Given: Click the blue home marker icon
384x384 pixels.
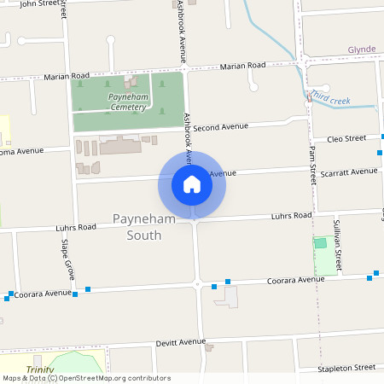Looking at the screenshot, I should pos(192,184).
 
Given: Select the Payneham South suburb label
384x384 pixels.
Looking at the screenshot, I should pos(137,227).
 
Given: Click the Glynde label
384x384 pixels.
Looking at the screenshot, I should pos(362,49).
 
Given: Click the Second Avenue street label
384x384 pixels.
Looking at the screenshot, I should pos(220,128).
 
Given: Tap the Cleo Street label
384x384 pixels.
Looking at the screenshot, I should pos(346,137).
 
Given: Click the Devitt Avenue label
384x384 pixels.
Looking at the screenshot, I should pos(181,342).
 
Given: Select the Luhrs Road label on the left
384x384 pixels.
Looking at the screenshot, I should pos(76,228).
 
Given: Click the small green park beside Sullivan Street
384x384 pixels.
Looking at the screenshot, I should pos(321,243).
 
